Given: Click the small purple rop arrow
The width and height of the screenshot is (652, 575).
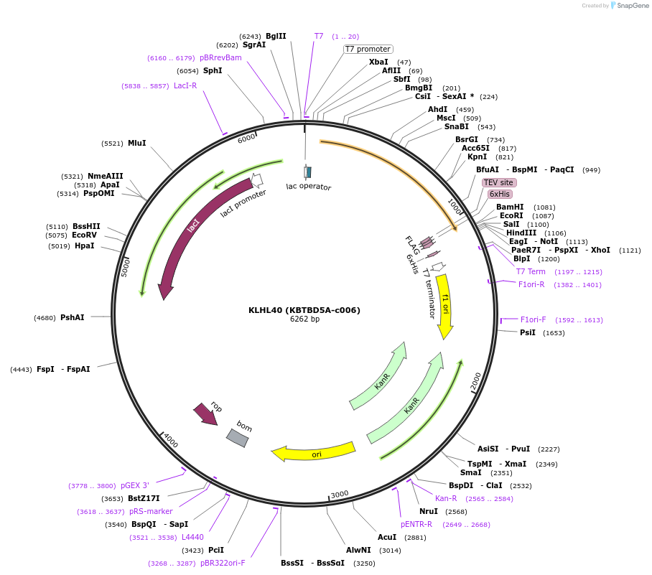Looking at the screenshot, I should (x=205, y=414).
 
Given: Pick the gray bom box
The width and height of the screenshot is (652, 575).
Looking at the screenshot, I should (x=238, y=437).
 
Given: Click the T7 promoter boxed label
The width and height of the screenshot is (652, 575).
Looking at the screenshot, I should (x=368, y=49).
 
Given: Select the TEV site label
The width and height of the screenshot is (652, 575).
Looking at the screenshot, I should (x=498, y=182).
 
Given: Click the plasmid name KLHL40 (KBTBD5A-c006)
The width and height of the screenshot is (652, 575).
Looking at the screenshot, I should (x=304, y=310).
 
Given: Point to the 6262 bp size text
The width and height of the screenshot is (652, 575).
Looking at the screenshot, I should (x=304, y=319).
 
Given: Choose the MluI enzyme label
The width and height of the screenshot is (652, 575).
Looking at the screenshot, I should (x=136, y=143).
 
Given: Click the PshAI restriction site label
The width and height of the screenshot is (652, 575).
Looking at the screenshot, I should (x=72, y=317).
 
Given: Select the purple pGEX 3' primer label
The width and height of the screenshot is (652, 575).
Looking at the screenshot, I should (x=135, y=485).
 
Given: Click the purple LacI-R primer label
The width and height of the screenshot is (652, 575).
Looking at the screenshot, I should (x=185, y=85).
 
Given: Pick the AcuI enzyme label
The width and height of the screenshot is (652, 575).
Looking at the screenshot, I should (x=387, y=537).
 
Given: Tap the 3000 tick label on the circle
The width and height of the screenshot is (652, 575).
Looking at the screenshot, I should (x=340, y=493).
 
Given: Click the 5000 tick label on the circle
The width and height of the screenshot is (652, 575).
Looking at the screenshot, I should (x=125, y=268).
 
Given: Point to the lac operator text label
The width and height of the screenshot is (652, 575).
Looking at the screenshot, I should (x=309, y=187).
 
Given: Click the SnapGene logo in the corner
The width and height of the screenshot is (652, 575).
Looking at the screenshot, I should (x=630, y=6).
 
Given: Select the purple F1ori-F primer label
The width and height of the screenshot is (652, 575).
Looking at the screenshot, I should (x=533, y=319).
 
